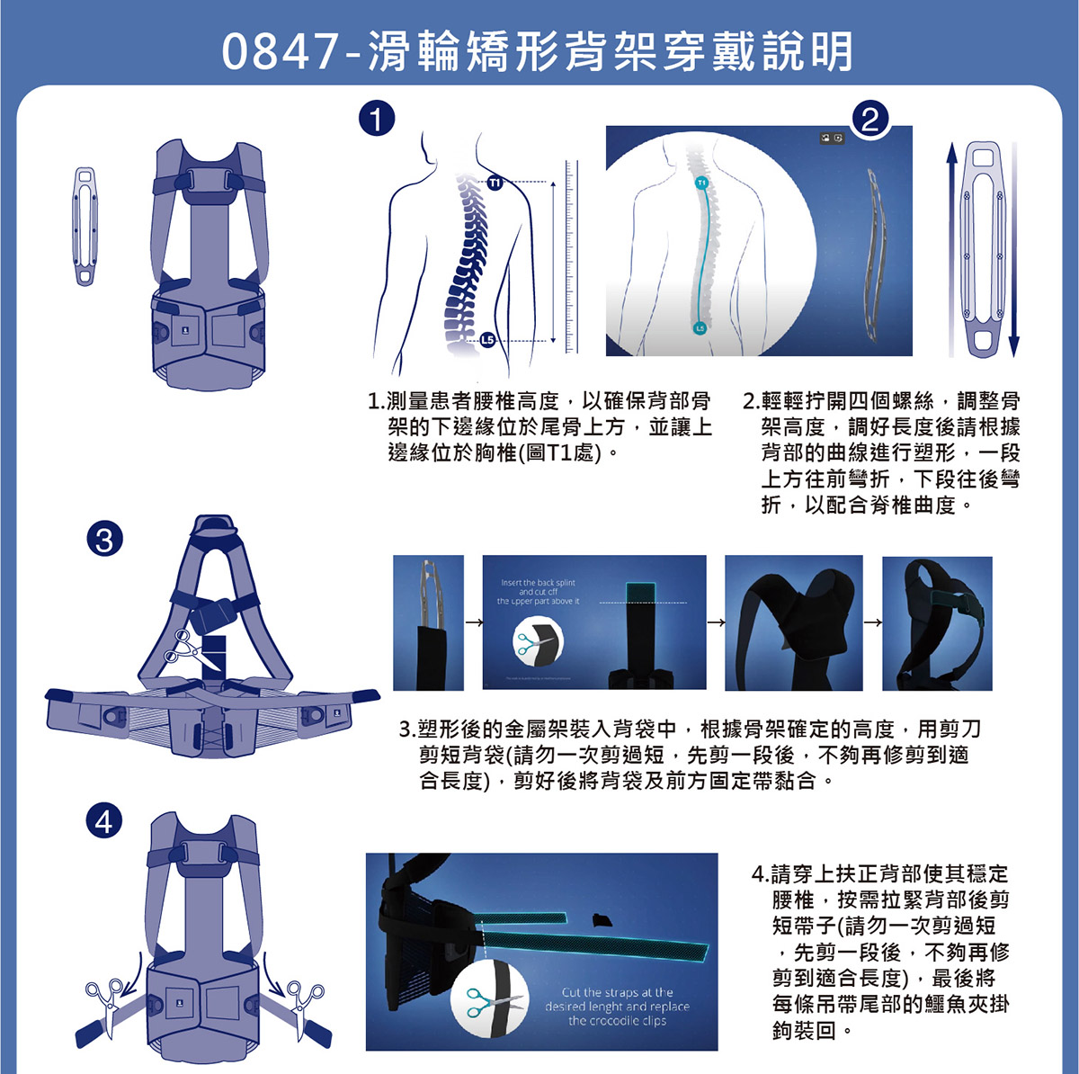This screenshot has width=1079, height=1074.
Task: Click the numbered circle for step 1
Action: (x=377, y=119)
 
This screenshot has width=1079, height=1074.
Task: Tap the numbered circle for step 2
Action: (x=869, y=119)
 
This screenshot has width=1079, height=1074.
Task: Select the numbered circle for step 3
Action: (x=104, y=539)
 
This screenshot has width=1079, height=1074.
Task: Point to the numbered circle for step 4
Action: (x=104, y=820)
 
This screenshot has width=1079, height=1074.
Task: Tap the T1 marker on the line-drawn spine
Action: (x=495, y=183)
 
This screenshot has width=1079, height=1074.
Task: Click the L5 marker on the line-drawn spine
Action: (x=486, y=339)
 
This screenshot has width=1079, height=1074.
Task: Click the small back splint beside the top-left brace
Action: (x=85, y=226)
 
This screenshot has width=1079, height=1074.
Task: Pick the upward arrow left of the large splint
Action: (x=951, y=247)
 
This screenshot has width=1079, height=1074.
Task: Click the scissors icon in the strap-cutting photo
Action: (x=491, y=999)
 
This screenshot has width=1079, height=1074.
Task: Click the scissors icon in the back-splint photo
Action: (x=538, y=644)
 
